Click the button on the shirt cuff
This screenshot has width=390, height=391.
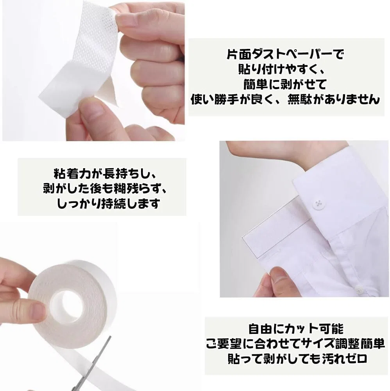coord(319,204)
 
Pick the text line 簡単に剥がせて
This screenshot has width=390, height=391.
coord(285,84)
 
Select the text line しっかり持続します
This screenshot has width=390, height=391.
coord(108,204)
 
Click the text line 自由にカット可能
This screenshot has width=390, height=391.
coord(295,329)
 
